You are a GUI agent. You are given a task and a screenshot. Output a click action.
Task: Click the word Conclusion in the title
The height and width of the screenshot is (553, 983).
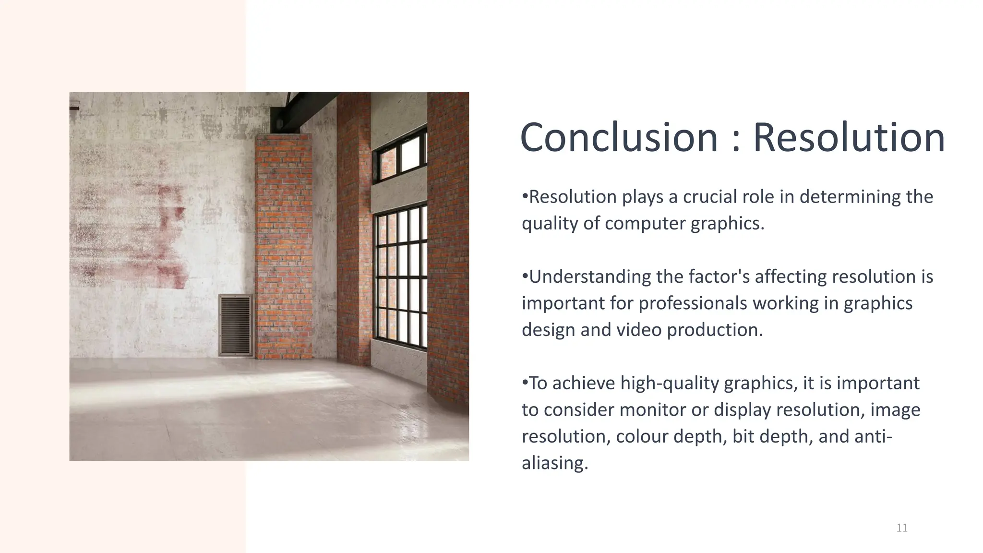point(619,138)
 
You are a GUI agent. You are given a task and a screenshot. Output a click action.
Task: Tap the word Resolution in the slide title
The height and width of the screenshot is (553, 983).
point(849,138)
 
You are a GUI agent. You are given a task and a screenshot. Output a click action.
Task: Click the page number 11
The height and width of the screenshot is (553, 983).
point(902,528)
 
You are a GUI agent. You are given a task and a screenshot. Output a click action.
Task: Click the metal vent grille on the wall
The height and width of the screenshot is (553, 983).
point(235,325)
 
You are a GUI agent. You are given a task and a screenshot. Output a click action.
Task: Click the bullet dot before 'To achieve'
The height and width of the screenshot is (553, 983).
point(525,383)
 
